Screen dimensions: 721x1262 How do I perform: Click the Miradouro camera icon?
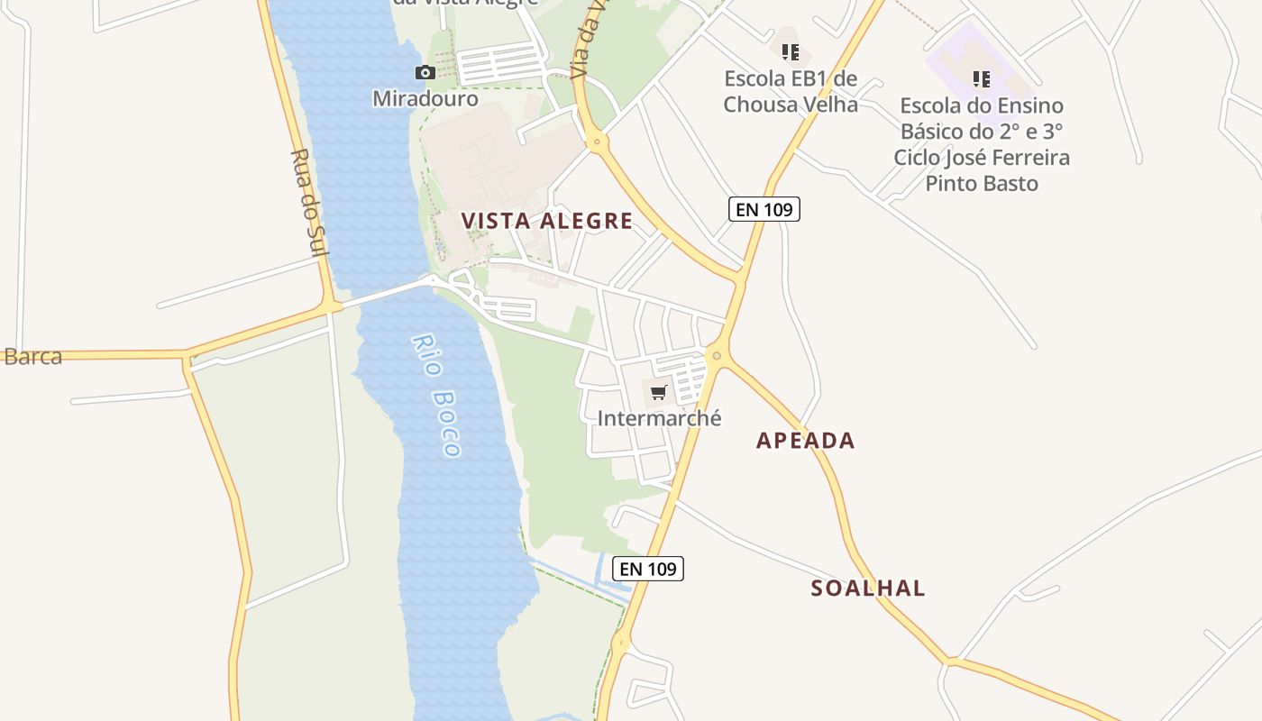(x=425, y=73)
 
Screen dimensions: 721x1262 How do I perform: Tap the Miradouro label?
(x=425, y=97)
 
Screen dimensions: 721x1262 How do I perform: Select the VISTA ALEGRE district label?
(x=547, y=221)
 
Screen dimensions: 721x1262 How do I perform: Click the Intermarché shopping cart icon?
(x=658, y=392)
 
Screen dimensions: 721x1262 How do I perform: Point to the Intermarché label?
(x=659, y=418)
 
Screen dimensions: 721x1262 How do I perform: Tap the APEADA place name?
(x=805, y=441)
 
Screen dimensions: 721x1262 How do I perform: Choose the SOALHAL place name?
(x=868, y=589)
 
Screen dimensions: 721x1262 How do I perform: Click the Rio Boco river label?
(x=437, y=395)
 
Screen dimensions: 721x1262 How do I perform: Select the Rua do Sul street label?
(x=307, y=202)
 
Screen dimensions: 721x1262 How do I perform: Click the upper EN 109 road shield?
(x=764, y=210)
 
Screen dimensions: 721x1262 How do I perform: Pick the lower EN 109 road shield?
(x=648, y=569)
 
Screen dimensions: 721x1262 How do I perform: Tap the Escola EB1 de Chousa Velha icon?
(x=791, y=52)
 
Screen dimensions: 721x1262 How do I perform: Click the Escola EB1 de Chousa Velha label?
(x=791, y=92)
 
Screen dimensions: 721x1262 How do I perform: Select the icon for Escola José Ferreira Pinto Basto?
(x=982, y=79)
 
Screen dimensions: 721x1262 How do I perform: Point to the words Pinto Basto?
(x=982, y=184)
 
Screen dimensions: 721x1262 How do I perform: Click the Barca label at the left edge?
(x=32, y=357)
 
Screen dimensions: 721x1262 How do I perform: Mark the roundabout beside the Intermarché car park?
(x=717, y=355)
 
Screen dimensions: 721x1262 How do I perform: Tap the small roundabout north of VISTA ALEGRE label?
(x=595, y=141)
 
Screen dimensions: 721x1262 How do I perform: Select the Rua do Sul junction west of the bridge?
(x=332, y=306)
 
